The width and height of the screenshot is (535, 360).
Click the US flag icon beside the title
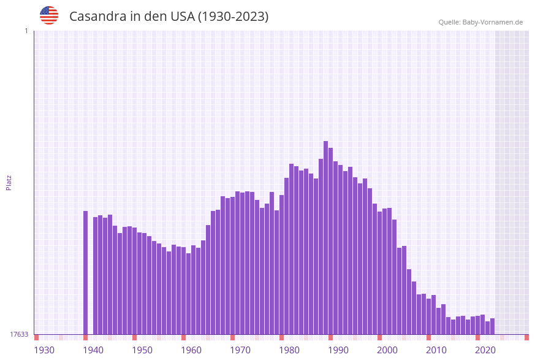coord(49,15)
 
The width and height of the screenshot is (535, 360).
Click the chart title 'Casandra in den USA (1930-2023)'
coord(169,17)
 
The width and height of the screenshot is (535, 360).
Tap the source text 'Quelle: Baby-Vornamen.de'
coord(480,22)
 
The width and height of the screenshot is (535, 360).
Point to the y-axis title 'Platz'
coord(9,182)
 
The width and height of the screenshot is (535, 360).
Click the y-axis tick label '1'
coord(26,31)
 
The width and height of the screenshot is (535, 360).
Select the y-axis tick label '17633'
coord(19,334)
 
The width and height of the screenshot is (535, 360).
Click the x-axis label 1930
coord(44,350)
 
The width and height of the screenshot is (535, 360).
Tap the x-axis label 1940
coord(93,350)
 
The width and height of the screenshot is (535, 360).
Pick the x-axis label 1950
coord(142,350)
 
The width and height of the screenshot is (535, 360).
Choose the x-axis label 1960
coord(191,350)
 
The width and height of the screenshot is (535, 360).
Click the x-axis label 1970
coord(240,350)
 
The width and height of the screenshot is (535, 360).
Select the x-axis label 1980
coord(289,350)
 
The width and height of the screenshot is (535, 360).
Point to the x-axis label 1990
coord(338,350)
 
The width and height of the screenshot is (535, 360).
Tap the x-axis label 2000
coord(387,350)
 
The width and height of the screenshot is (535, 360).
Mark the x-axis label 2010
coord(436,350)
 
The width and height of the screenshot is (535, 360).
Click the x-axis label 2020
coord(485,350)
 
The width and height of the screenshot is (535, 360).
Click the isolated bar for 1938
coord(85,272)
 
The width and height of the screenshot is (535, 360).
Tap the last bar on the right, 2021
coord(492,326)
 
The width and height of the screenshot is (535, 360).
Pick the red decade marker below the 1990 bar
coord(330,337)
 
